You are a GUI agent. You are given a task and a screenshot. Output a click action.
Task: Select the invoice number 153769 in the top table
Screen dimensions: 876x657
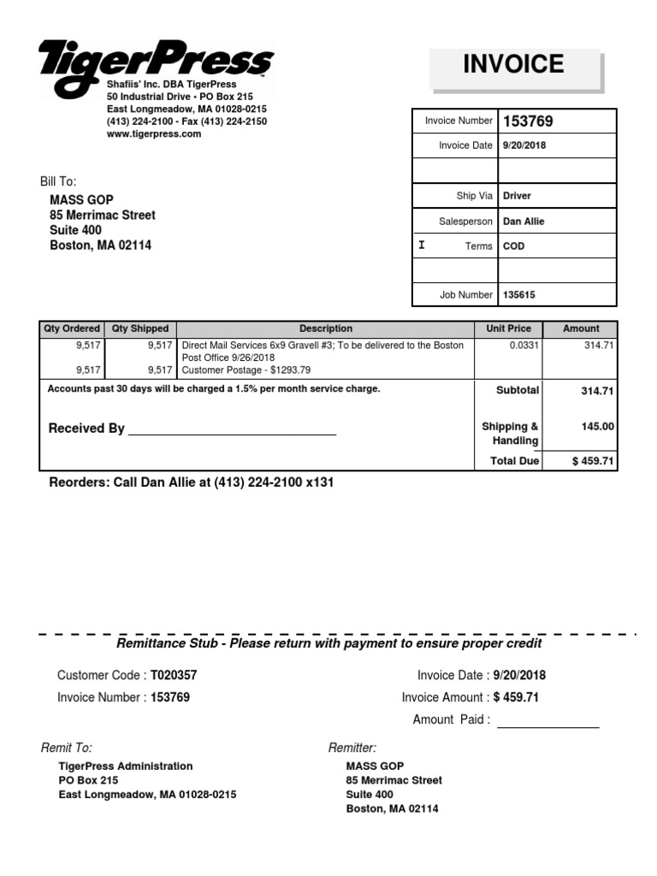tap(528, 121)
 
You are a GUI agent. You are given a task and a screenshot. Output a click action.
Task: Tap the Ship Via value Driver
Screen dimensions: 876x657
tap(517, 196)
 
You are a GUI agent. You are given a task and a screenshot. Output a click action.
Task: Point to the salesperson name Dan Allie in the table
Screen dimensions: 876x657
tap(524, 222)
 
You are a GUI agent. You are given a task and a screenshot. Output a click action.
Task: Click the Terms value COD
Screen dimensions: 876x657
tap(514, 246)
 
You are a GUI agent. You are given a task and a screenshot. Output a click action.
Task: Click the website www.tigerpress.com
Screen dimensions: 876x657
tap(154, 134)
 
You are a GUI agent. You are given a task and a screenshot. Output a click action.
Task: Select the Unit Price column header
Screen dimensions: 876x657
tap(508, 328)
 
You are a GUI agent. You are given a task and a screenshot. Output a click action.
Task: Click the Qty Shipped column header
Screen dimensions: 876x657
tap(140, 328)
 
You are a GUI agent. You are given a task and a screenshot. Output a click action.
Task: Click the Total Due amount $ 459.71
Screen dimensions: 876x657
tap(593, 461)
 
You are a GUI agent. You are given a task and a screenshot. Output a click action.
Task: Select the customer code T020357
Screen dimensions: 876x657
tap(174, 675)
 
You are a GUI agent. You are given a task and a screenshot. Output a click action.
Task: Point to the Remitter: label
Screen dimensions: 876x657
tap(352, 748)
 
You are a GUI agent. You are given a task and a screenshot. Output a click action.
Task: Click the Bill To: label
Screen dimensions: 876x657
tap(58, 181)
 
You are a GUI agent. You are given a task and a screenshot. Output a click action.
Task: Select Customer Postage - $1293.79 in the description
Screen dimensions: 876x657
tap(246, 370)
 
